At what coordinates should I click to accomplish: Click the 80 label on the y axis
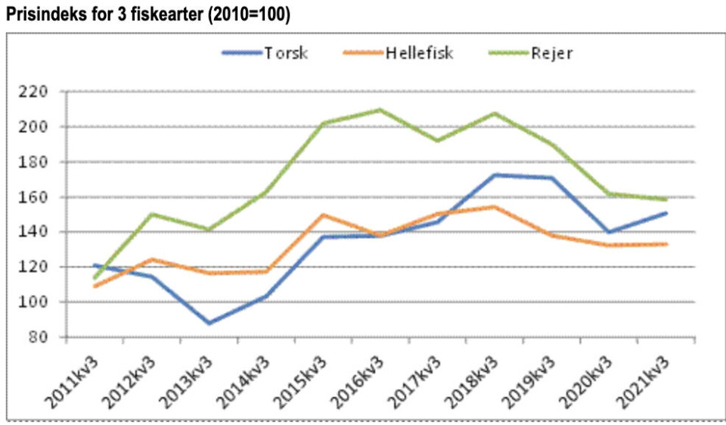point(37,337)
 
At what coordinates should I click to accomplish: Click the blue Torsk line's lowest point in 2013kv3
point(209,323)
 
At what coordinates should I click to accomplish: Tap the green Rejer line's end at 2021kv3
point(666,200)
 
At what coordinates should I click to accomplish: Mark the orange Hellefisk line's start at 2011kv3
point(95,286)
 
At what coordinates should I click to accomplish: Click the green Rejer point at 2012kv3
point(152,214)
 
